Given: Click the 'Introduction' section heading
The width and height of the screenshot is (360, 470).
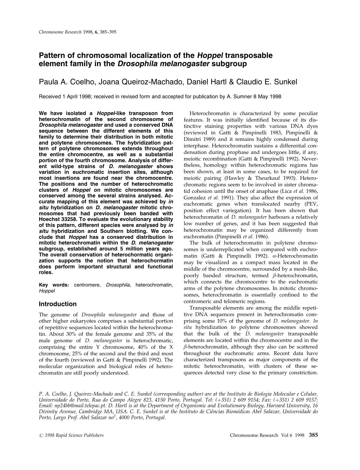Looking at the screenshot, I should click(58, 304).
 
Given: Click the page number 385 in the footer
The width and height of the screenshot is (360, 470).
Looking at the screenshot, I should click(313, 435).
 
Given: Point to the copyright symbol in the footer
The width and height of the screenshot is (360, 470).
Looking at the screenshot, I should click(41, 435).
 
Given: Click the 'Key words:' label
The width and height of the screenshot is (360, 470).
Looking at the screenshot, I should click(54, 285).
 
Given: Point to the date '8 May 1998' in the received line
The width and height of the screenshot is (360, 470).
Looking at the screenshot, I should click(267, 97).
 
